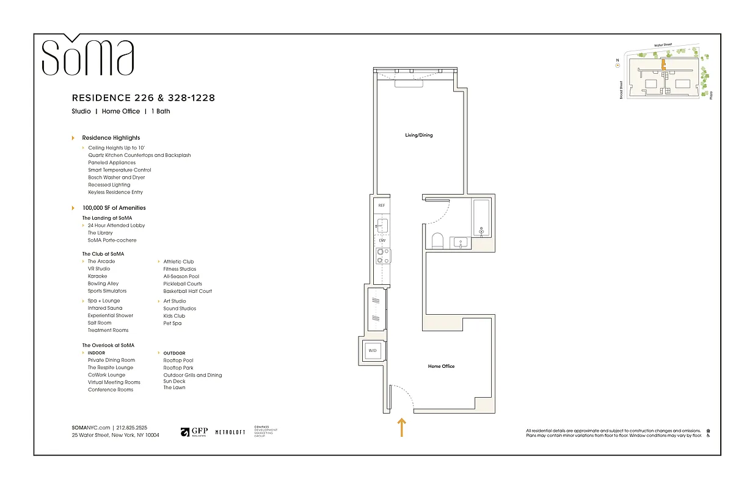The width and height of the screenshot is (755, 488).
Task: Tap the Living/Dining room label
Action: tap(418, 135)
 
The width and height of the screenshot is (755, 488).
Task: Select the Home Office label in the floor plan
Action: tap(440, 366)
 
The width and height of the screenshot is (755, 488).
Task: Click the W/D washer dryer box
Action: tap(373, 350)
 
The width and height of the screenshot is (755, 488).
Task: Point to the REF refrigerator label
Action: tap(381, 206)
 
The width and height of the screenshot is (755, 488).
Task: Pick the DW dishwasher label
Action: tap(382, 240)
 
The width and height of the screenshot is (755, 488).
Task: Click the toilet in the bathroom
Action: tap(437, 240)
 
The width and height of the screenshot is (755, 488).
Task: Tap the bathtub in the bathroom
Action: tap(481, 217)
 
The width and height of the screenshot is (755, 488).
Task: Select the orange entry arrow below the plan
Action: tap(401, 427)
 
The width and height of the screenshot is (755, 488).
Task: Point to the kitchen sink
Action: tap(382, 226)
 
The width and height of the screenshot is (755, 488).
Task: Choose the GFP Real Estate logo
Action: tap(194, 432)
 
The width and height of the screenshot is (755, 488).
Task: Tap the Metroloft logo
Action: tap(230, 432)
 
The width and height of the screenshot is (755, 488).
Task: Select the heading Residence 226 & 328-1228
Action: tap(143, 98)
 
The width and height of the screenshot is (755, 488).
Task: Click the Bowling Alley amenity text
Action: tap(103, 284)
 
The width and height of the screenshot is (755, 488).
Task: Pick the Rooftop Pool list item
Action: tap(178, 361)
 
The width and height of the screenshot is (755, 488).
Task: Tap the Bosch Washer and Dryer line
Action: tap(116, 178)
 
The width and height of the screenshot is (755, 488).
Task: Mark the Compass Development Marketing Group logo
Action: tap(265, 431)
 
